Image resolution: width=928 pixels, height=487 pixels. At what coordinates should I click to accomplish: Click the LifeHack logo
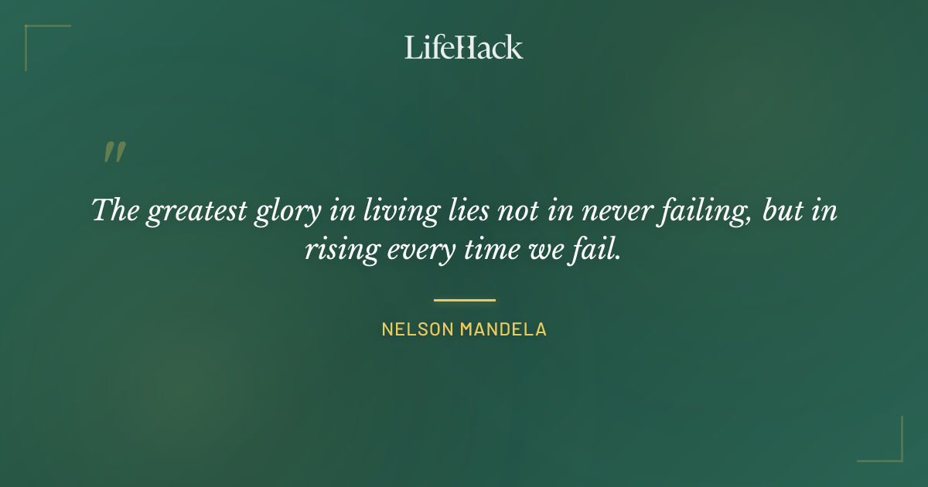(x=464, y=47)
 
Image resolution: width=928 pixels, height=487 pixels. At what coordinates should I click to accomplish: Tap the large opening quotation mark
(x=114, y=152)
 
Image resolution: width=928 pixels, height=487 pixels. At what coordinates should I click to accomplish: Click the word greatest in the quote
(x=196, y=212)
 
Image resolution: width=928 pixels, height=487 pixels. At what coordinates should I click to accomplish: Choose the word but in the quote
(x=780, y=210)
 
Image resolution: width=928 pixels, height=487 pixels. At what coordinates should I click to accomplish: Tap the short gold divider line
(x=464, y=300)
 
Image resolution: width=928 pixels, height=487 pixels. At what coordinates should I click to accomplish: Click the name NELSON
(x=418, y=329)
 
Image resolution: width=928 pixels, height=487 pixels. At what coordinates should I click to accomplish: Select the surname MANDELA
(x=503, y=329)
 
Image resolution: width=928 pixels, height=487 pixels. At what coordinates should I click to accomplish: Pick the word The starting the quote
(x=114, y=210)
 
